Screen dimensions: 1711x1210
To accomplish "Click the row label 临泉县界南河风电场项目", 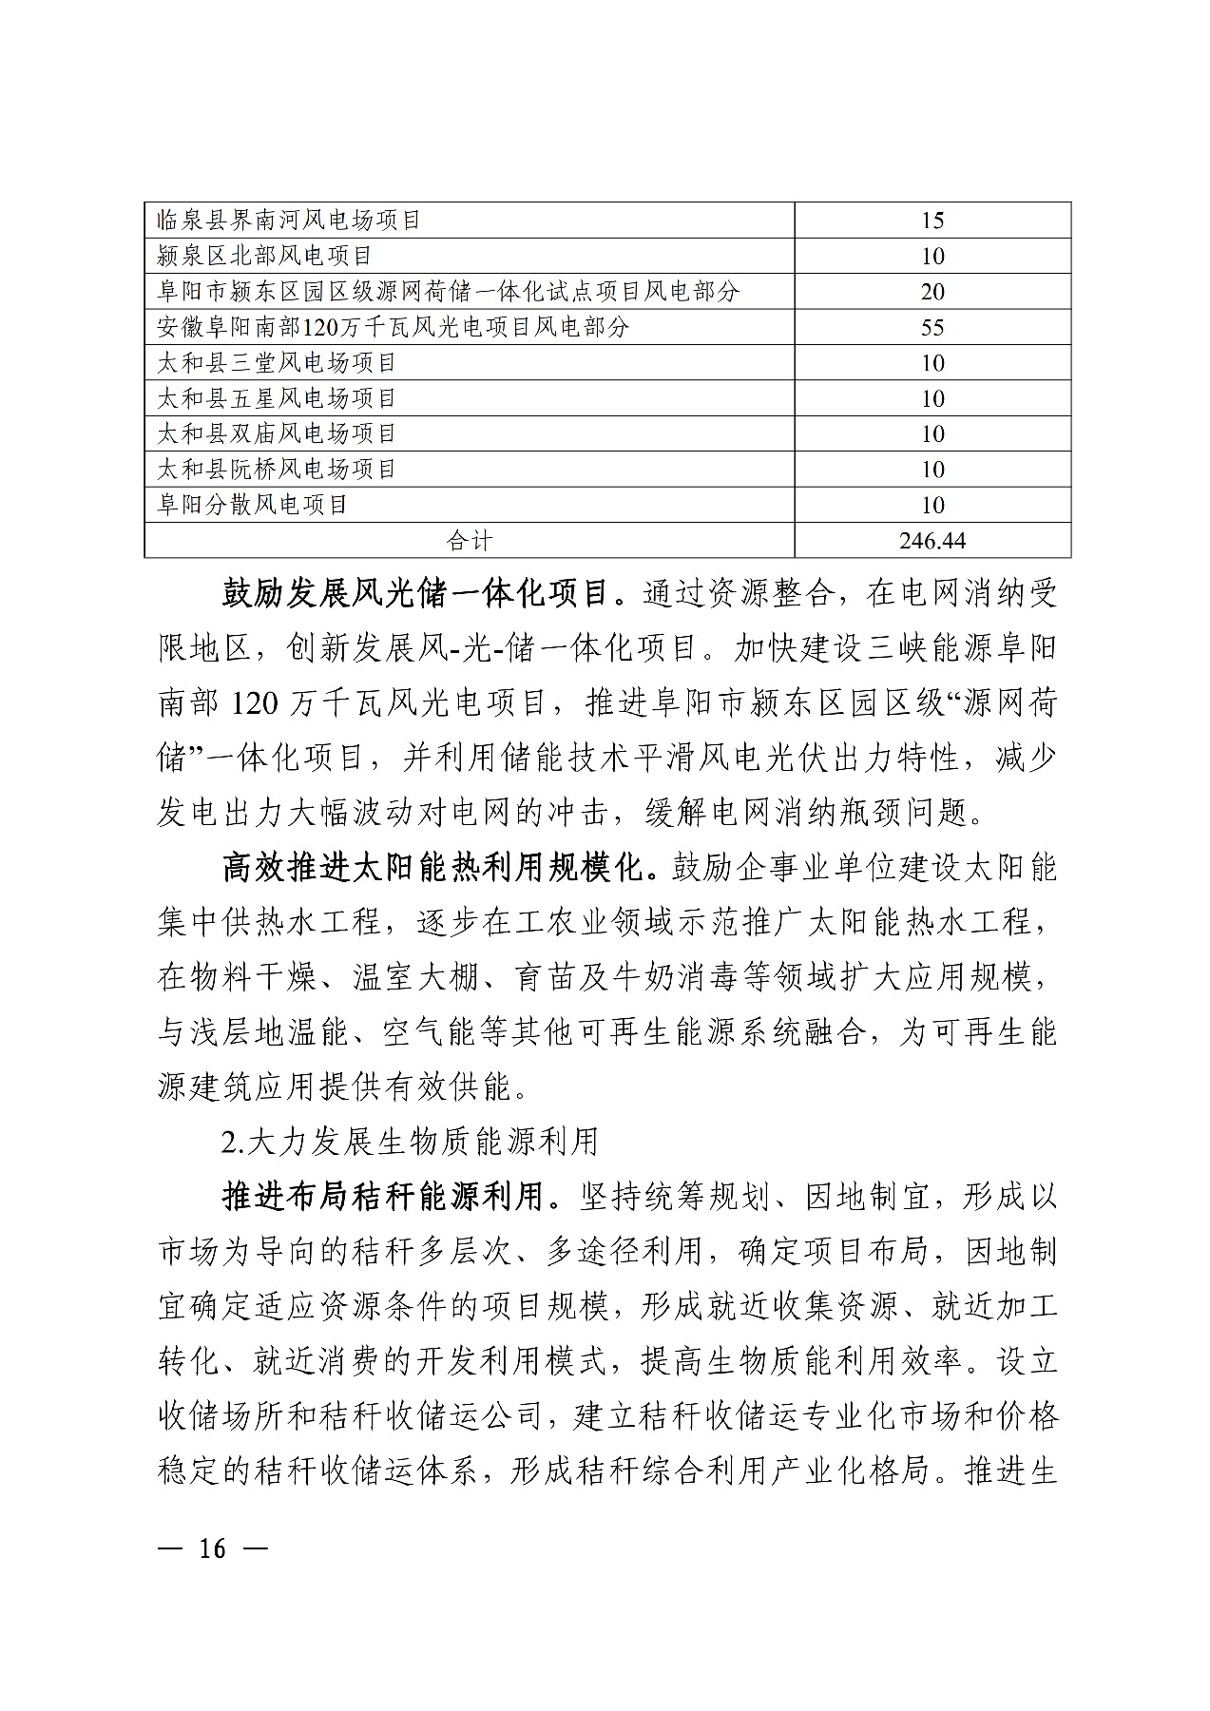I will (289, 221).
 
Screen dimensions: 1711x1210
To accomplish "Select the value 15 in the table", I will (932, 221).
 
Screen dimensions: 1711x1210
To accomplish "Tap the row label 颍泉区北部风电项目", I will (264, 256).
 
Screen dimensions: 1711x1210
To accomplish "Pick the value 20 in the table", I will (932, 292).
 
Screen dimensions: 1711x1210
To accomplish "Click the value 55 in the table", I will (932, 327).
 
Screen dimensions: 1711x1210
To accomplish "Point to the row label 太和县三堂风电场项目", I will (277, 362).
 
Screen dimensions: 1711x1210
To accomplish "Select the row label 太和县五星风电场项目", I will (277, 398).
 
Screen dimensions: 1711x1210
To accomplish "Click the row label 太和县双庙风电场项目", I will (277, 433).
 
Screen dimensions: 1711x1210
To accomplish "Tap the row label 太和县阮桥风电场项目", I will (277, 469).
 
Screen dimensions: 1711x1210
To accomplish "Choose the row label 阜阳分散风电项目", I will (253, 504).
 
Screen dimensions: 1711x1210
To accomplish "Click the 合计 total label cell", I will (470, 540).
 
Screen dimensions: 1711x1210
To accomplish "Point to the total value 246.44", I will (932, 540).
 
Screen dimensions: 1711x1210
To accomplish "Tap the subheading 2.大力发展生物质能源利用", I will (410, 1141).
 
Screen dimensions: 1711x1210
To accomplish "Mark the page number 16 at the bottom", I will (213, 1548).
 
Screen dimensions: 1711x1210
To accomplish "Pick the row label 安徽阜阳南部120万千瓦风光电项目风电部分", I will (394, 327).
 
